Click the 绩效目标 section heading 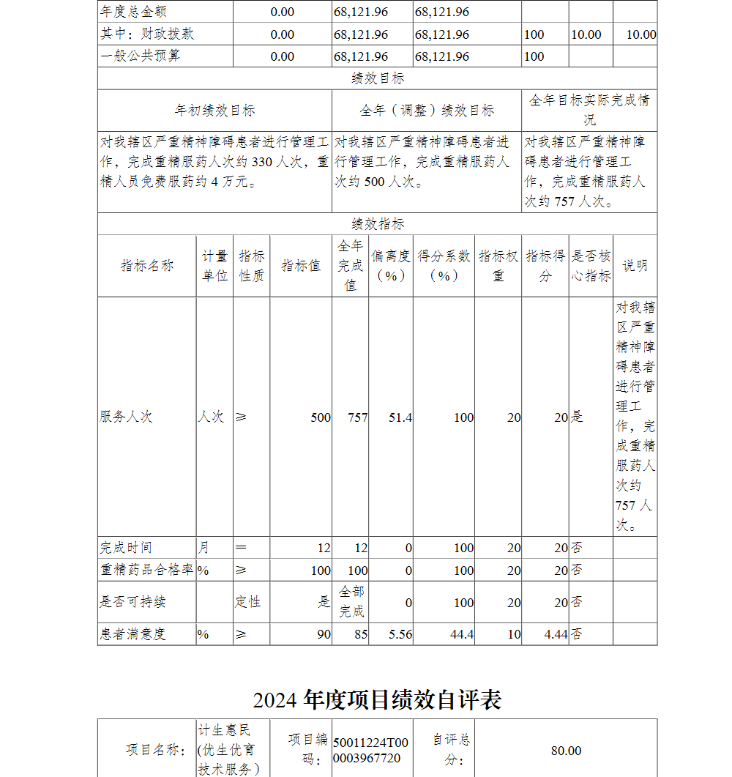point(377,78)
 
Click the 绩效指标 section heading point(377,224)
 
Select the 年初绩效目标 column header point(214,111)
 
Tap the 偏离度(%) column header point(390,266)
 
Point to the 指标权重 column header point(498,266)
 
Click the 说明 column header point(635,266)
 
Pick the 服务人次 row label point(126,417)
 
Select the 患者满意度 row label point(132,634)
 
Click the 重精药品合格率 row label point(146,570)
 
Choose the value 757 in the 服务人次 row point(357,417)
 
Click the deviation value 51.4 point(400,417)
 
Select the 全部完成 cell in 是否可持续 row point(351,601)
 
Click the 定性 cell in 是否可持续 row point(250,602)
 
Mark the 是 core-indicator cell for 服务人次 point(578,417)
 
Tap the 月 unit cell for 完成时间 point(203,548)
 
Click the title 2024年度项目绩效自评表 point(377,700)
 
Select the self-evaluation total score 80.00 point(566,751)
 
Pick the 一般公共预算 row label point(140,56)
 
